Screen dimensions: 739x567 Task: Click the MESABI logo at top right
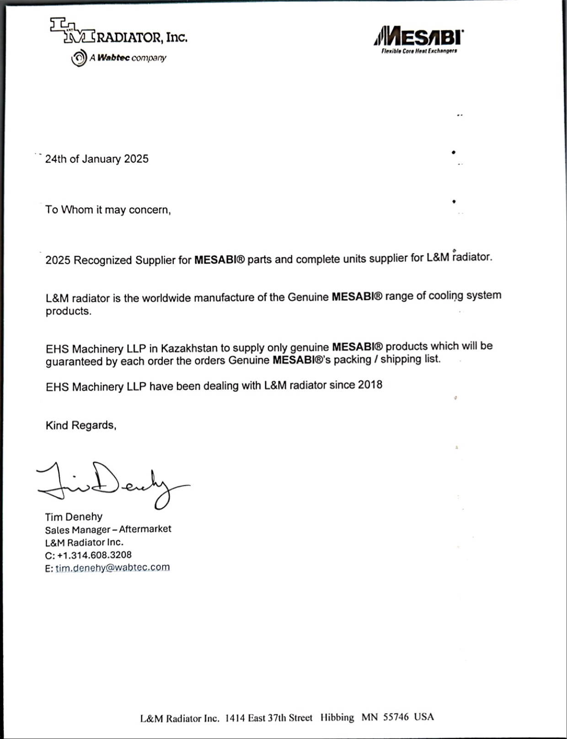pyautogui.click(x=418, y=36)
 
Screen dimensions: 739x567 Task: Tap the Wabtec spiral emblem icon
pyautogui.click(x=79, y=58)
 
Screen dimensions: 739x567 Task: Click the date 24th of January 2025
pyautogui.click(x=96, y=159)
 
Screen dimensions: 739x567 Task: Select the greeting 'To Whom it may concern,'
pyautogui.click(x=108, y=210)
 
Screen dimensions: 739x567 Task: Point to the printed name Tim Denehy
pyautogui.click(x=74, y=517)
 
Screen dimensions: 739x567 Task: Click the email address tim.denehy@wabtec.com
pyautogui.click(x=112, y=568)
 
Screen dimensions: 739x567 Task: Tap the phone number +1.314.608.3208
pyautogui.click(x=94, y=555)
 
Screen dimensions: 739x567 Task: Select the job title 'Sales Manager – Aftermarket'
pyautogui.click(x=108, y=529)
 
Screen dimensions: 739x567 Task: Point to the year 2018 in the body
pyautogui.click(x=370, y=385)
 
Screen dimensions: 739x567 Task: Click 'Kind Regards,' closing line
pyautogui.click(x=81, y=425)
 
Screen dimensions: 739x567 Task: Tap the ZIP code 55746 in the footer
pyautogui.click(x=396, y=717)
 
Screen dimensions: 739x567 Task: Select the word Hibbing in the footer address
pyautogui.click(x=337, y=717)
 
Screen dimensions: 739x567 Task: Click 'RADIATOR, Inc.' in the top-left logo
pyautogui.click(x=142, y=38)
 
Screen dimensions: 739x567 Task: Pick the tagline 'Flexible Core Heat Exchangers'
pyautogui.click(x=419, y=51)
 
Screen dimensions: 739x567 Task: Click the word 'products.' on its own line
pyautogui.click(x=68, y=311)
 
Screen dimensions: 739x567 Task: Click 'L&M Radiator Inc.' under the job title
pyautogui.click(x=84, y=543)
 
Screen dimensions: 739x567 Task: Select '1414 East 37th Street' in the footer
pyautogui.click(x=268, y=718)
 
